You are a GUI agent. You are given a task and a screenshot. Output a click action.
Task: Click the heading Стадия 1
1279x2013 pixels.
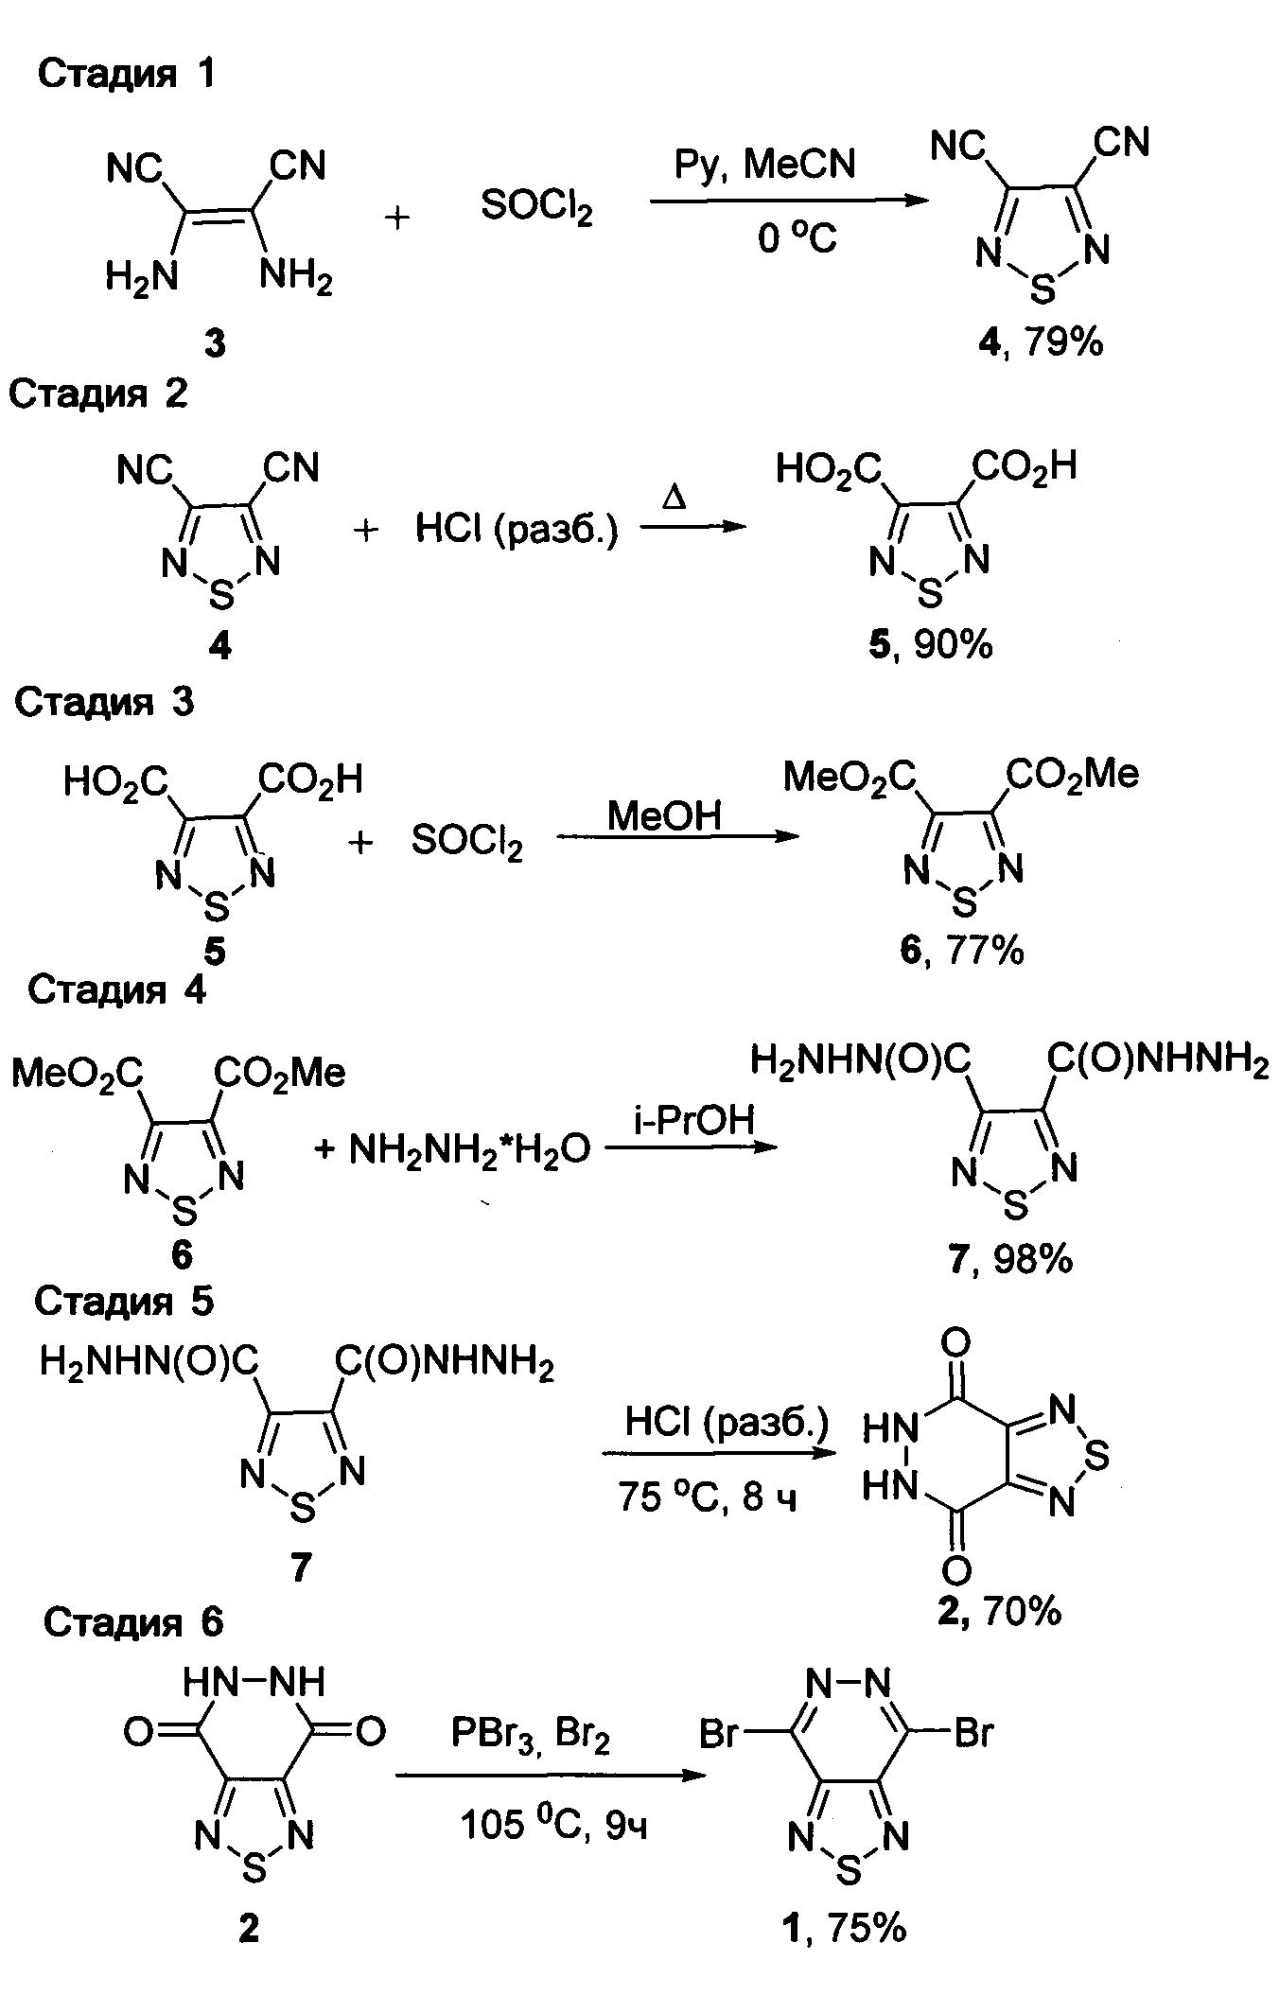click(126, 74)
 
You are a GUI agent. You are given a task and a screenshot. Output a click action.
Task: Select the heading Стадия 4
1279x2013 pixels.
click(116, 989)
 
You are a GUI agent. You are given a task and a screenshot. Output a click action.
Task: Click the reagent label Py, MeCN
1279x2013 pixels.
click(764, 165)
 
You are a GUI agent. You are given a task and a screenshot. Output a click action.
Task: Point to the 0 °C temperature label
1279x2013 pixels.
click(797, 239)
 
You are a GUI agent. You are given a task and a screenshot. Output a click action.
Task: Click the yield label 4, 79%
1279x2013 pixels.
click(1042, 341)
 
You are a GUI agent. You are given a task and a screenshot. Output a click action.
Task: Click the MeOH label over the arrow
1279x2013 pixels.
click(664, 815)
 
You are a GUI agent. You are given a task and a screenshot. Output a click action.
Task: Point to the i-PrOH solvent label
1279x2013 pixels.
click(693, 1119)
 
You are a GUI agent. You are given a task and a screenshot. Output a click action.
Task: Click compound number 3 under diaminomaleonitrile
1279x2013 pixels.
click(216, 344)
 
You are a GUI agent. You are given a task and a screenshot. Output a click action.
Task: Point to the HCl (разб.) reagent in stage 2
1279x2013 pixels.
click(517, 530)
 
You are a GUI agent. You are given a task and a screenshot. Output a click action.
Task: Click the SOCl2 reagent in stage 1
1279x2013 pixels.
click(536, 207)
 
